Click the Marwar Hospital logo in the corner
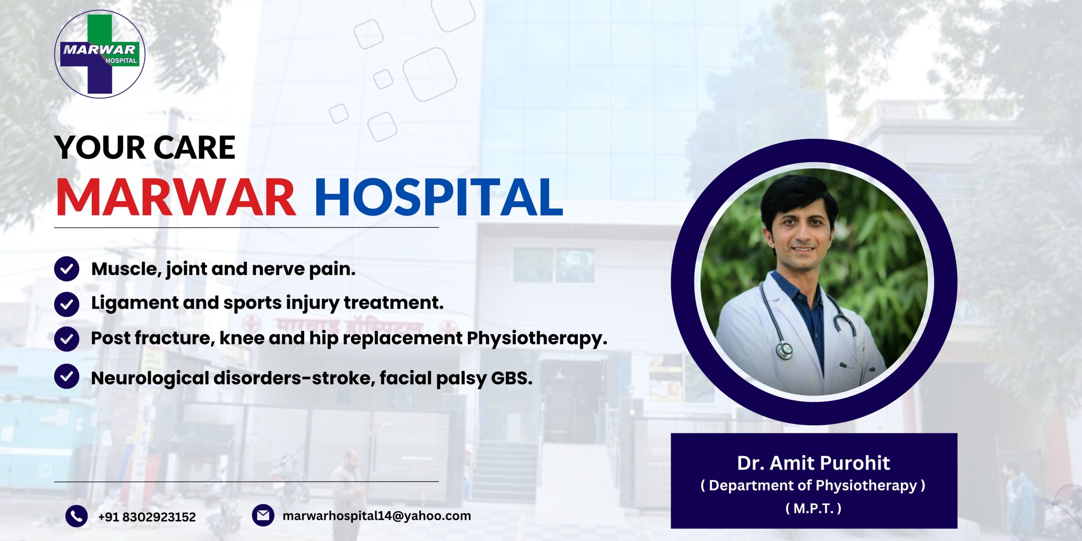click(100, 54)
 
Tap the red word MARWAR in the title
click(176, 197)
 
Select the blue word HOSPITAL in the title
click(439, 197)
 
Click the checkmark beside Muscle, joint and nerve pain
click(67, 269)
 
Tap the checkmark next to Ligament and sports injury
click(67, 304)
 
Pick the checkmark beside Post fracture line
click(67, 339)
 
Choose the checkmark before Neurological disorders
click(67, 376)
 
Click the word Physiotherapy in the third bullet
click(537, 339)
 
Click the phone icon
click(77, 516)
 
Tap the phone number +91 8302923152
click(147, 517)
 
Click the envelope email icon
click(263, 515)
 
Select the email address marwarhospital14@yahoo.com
click(377, 516)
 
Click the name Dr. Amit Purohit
click(814, 463)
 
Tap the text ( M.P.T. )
click(814, 508)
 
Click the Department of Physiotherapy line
click(813, 486)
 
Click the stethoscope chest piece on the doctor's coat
click(785, 350)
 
